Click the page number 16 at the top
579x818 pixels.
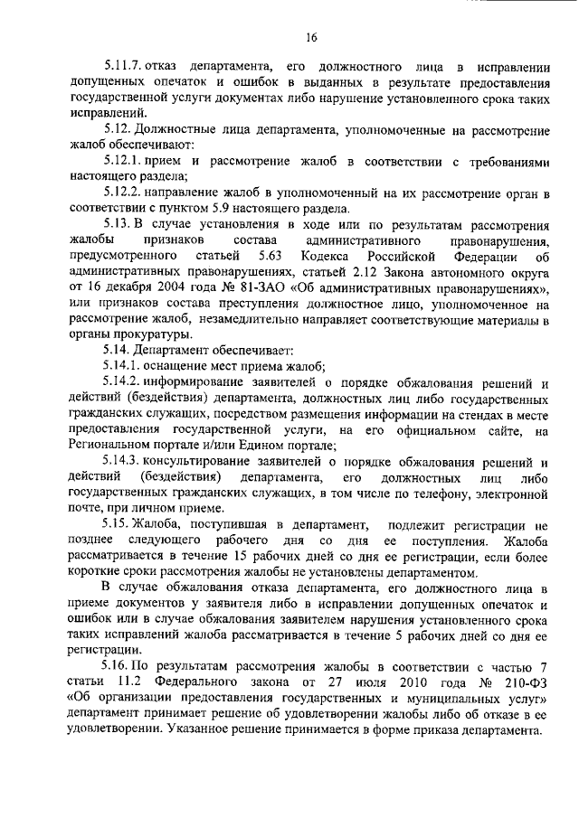pos(310,38)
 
